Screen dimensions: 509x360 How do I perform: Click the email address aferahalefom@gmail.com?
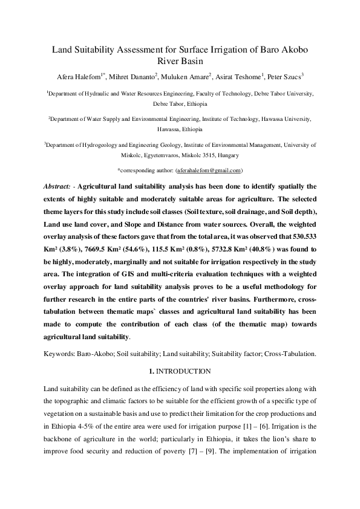(x=208, y=171)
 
